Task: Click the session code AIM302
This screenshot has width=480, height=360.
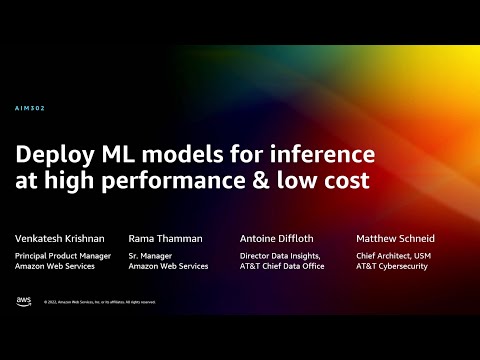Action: [31, 108]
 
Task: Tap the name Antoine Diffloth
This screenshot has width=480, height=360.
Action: [278, 239]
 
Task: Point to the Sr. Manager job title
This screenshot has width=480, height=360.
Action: [150, 257]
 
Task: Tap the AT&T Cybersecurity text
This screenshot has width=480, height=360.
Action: [392, 268]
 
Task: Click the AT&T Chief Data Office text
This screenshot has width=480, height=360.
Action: [286, 268]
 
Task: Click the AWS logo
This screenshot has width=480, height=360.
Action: [23, 300]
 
